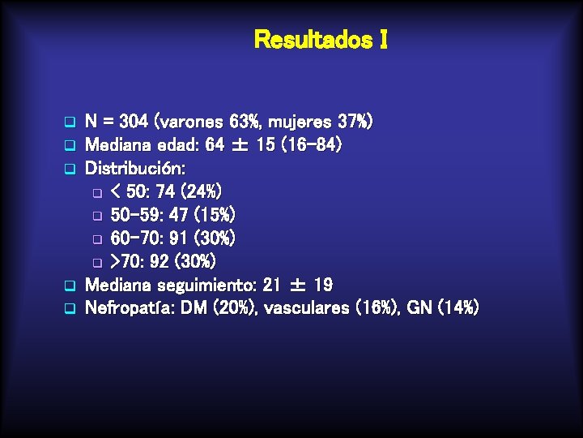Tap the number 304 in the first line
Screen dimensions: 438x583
point(133,122)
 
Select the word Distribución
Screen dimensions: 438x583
point(135,170)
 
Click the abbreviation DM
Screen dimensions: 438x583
point(199,308)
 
